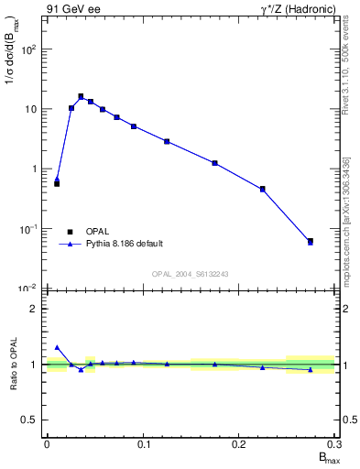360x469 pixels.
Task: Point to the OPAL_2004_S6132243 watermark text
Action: click(191, 274)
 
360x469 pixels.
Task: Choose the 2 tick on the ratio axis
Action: click(37, 309)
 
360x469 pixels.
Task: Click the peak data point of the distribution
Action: click(81, 96)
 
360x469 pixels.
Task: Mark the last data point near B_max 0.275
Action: click(311, 242)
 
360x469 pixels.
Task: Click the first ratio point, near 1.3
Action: click(57, 347)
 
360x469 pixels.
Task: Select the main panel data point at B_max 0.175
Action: click(214, 163)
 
